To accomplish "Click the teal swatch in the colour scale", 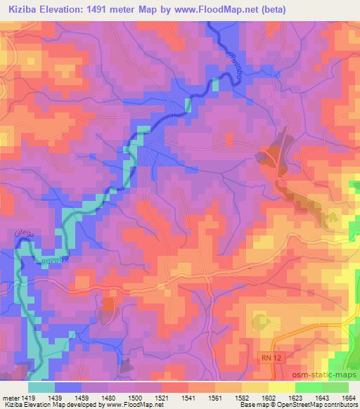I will pyautogui.click(x=41, y=387).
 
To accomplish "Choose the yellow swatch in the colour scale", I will pyautogui.click(x=282, y=387).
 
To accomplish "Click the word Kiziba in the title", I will pyautogui.click(x=19, y=9).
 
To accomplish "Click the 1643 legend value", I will pyautogui.click(x=320, y=398).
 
